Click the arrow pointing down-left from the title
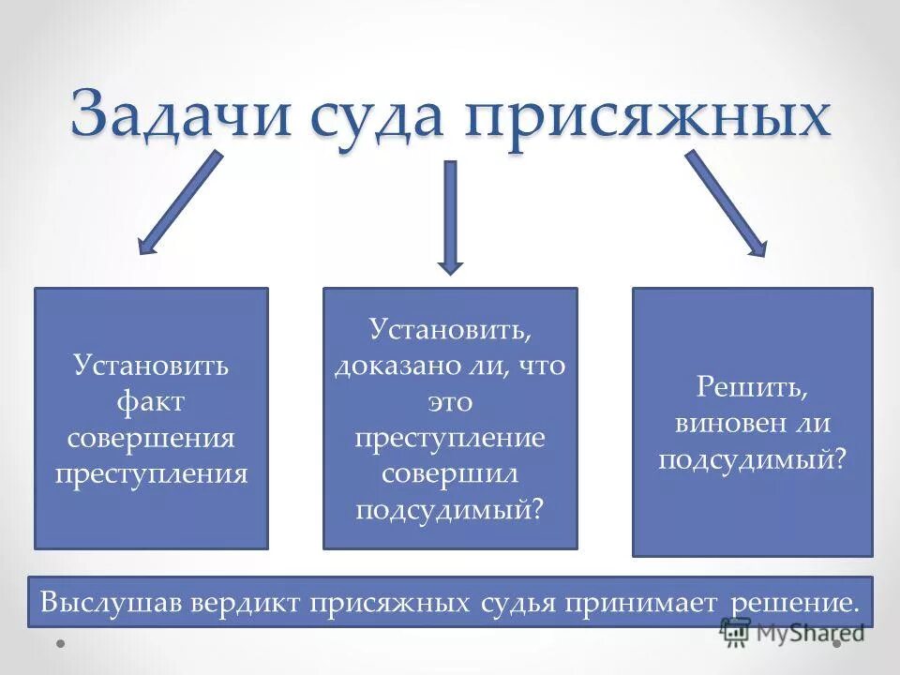[180, 203]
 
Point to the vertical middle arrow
[450, 217]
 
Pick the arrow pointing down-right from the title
[725, 203]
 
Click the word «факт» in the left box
[151, 401]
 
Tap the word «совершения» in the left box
[151, 437]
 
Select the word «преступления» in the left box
[151, 472]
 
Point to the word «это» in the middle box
[450, 401]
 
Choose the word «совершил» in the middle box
[450, 472]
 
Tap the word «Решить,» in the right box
[752, 387]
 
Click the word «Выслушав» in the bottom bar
[111, 602]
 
